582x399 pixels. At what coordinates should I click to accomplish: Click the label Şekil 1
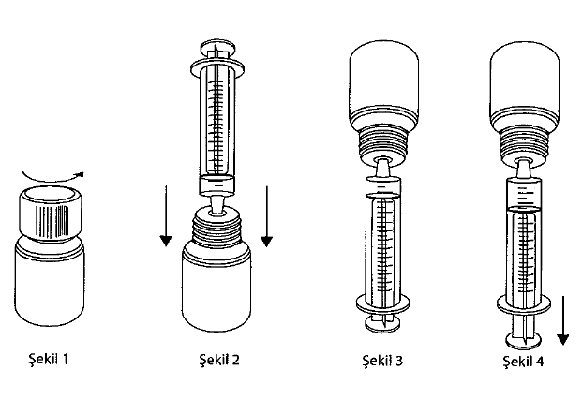tap(50, 357)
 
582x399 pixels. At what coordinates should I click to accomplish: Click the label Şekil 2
tap(217, 357)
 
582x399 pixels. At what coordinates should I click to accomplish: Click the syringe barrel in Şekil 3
tap(385, 244)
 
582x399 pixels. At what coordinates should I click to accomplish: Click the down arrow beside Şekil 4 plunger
tap(563, 318)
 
